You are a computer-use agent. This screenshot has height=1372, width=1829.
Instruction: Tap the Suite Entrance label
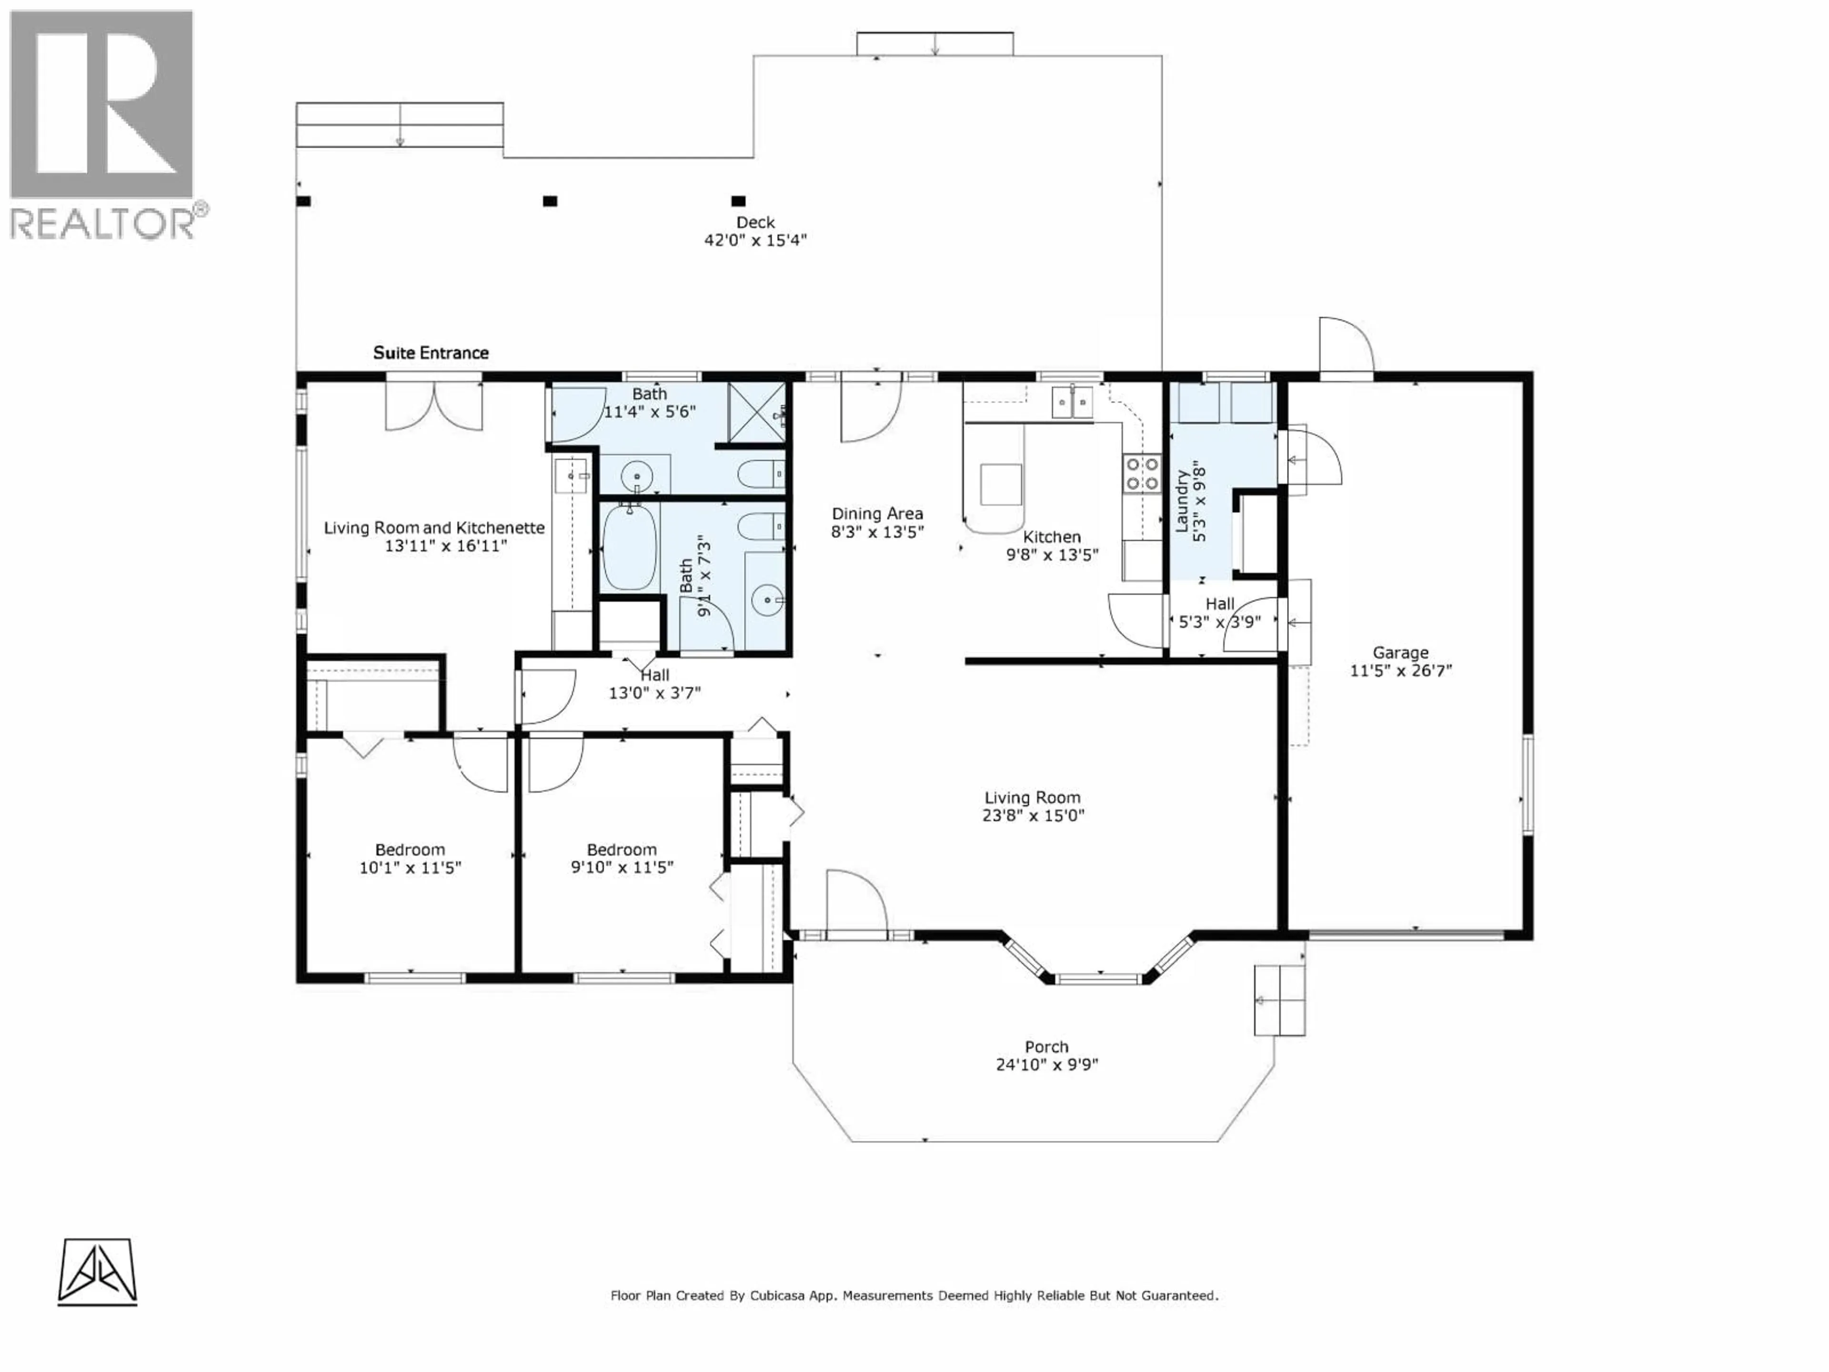pos(431,353)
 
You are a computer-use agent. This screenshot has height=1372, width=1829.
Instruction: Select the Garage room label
pos(1401,653)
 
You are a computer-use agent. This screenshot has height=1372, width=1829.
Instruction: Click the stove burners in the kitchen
pos(1142,474)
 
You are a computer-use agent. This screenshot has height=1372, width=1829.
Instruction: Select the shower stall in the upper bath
pos(756,413)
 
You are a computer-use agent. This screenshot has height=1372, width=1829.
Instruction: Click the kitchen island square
pos(1001,484)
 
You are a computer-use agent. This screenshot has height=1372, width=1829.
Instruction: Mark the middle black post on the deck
pos(550,201)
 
